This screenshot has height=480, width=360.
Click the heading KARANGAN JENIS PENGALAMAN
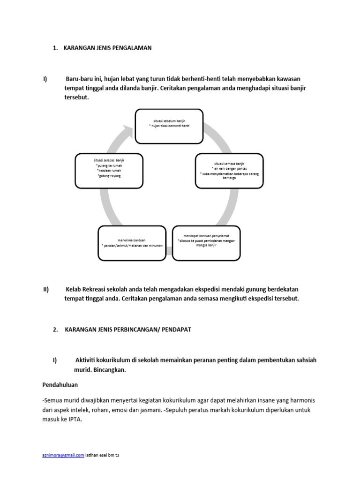point(107,48)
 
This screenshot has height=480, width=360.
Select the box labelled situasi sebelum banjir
point(169,126)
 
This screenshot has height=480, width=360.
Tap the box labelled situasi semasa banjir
point(229,171)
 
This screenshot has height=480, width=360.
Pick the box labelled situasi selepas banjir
point(109,171)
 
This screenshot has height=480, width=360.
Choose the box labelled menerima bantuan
point(132,242)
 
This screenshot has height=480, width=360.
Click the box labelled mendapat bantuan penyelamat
point(206,242)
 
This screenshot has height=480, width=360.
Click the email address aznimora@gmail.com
point(63,455)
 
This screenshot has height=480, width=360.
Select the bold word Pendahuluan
point(60,384)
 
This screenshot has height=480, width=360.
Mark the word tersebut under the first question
point(76,97)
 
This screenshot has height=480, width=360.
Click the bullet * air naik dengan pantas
point(229,168)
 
